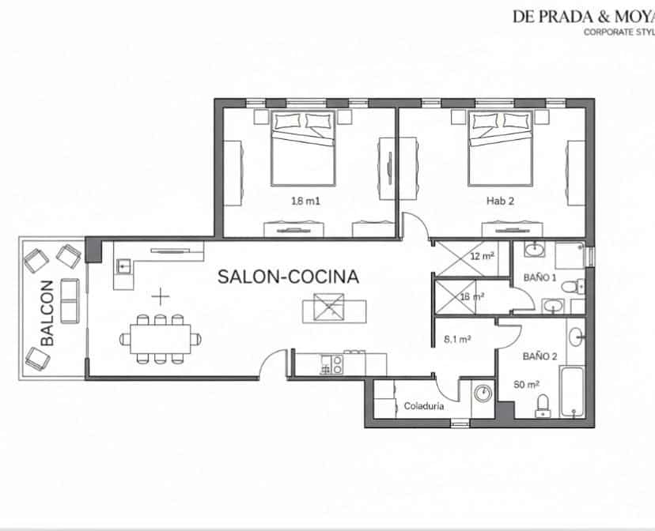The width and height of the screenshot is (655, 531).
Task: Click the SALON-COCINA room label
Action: (288, 277)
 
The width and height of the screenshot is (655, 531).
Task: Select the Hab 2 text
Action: (500, 201)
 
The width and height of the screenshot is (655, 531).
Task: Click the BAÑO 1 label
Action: (540, 278)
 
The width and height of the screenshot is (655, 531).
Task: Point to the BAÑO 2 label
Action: (540, 356)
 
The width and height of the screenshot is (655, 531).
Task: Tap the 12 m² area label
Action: (482, 257)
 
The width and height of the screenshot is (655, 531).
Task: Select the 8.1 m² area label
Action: (459, 339)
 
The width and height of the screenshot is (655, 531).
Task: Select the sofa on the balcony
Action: (70, 300)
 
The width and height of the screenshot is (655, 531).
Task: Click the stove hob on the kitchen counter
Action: (331, 365)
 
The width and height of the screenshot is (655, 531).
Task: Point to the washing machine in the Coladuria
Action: (482, 393)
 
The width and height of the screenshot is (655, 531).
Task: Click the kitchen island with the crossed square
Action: (334, 307)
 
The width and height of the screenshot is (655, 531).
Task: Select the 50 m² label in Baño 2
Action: (526, 384)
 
